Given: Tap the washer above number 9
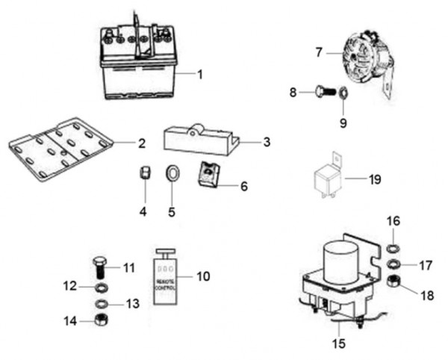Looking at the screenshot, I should pyautogui.click(x=343, y=94).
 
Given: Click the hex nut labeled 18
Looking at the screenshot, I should pyautogui.click(x=396, y=282).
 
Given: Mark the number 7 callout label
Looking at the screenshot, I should pyautogui.click(x=319, y=53).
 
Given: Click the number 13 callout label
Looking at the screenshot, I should pyautogui.click(x=131, y=304).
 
